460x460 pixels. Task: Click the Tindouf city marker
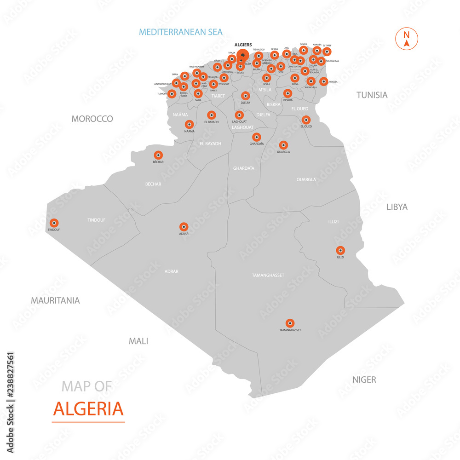tap(54, 223)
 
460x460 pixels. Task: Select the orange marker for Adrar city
tap(184, 227)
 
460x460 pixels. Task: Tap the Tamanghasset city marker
tap(290, 323)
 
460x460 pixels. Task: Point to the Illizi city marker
tap(340, 250)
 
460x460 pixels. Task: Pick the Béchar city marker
tap(158, 155)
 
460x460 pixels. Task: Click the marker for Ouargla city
tap(283, 145)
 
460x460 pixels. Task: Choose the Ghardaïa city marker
tap(257, 137)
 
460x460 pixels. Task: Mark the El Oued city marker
tap(306, 120)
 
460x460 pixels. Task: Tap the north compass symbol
tap(407, 39)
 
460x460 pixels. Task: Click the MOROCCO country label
tap(92, 119)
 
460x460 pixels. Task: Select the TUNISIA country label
tap(372, 95)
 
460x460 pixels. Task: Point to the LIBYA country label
tap(397, 207)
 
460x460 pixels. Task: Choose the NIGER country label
tap(364, 379)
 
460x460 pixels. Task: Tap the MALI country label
tap(138, 341)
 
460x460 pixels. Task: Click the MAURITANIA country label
tap(55, 300)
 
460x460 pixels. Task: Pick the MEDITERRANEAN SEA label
tap(181, 32)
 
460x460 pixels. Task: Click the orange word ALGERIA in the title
tap(88, 408)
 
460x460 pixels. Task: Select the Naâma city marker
tap(189, 124)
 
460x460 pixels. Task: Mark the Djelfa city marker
tap(246, 96)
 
